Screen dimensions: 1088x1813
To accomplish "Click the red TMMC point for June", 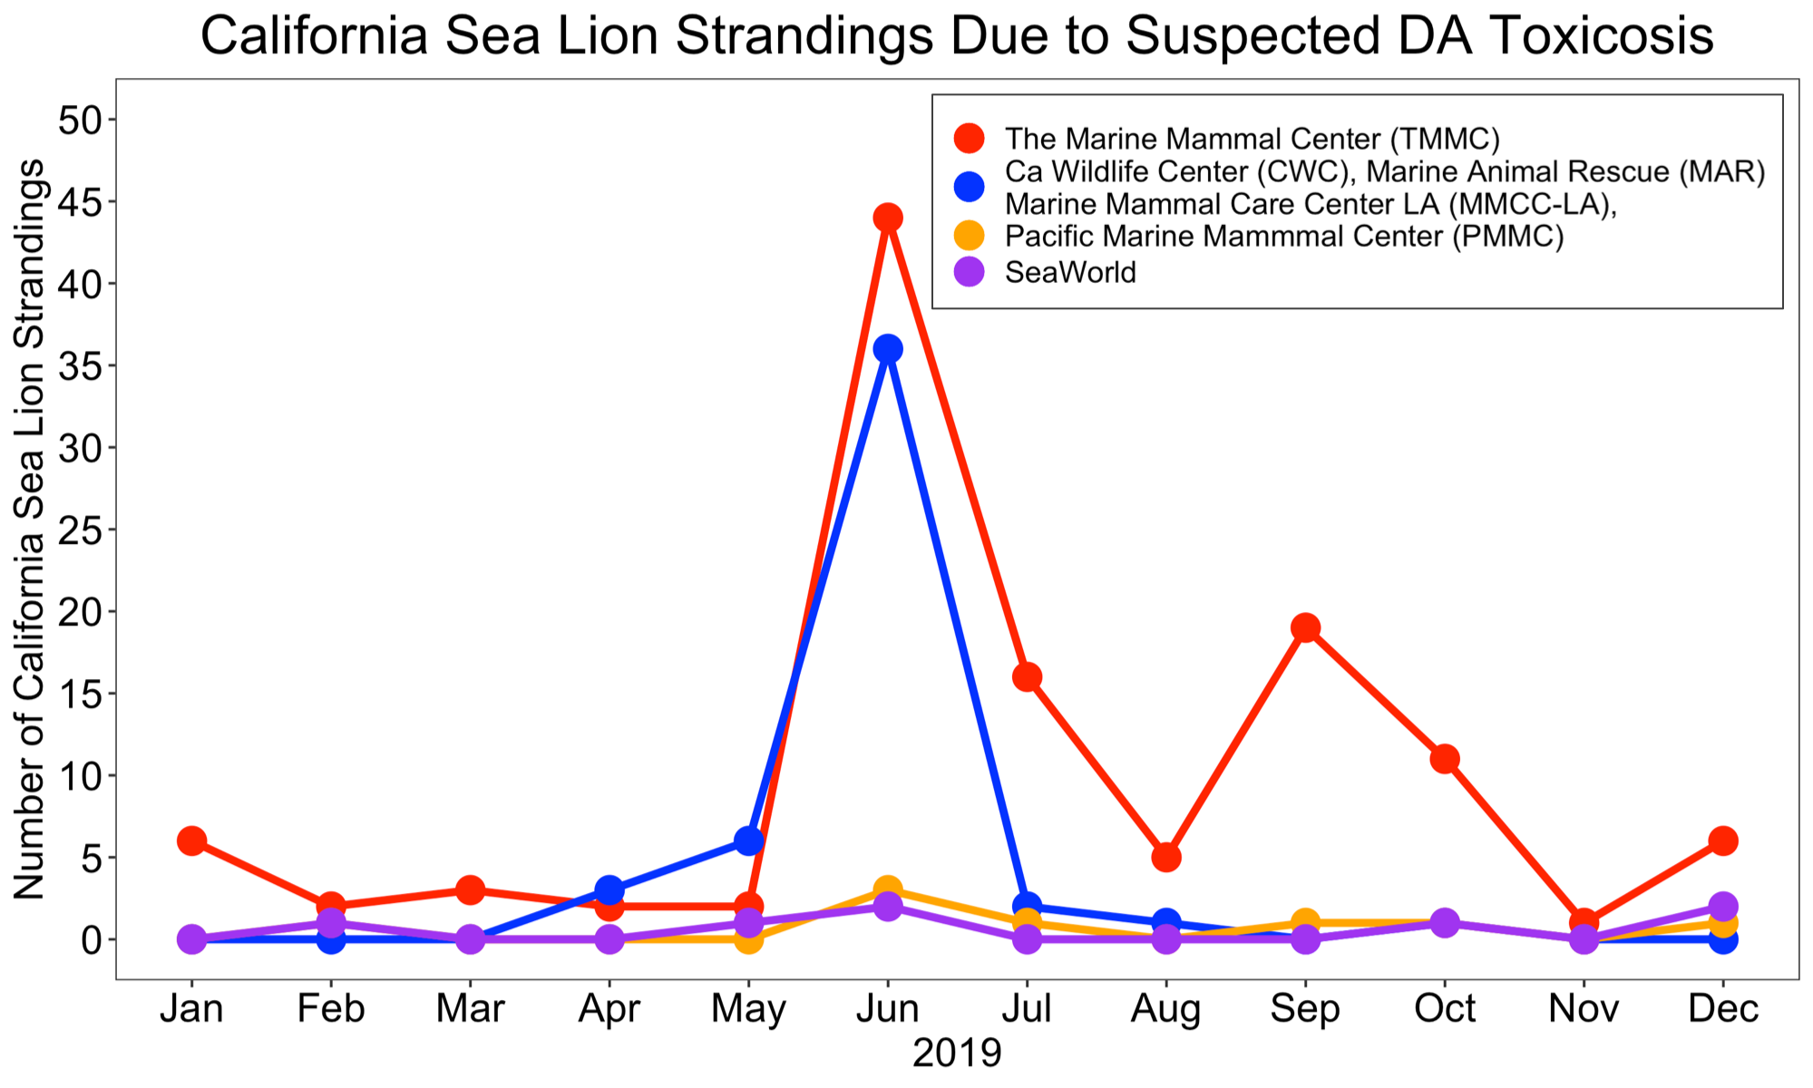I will [888, 218].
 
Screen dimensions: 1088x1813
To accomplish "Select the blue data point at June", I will [888, 349].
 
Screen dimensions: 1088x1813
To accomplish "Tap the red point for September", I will [1305, 627].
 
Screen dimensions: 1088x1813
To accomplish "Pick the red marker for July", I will [1027, 676].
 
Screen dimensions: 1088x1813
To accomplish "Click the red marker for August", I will [1166, 857].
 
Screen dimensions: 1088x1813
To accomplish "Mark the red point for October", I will [1445, 759].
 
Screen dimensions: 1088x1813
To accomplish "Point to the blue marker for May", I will [748, 840].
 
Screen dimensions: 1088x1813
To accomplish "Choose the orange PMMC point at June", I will [888, 889].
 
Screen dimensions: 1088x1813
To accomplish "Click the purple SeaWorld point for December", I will [1723, 906].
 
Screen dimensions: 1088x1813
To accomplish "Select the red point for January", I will [191, 840].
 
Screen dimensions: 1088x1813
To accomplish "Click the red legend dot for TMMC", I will [970, 139].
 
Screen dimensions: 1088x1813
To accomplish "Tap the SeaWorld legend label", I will [1070, 272].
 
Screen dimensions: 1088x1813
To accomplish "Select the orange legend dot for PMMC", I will [970, 237].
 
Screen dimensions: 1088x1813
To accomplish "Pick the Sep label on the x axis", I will [1305, 1009].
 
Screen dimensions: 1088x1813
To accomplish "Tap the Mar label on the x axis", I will [470, 1009].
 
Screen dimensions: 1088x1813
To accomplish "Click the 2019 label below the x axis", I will [957, 1054].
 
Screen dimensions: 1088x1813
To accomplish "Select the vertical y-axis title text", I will [29, 529].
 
